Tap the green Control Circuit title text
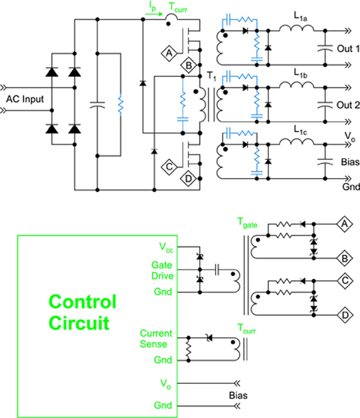[x=82, y=312]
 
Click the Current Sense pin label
[x=156, y=339]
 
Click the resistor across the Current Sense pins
[x=189, y=350]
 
